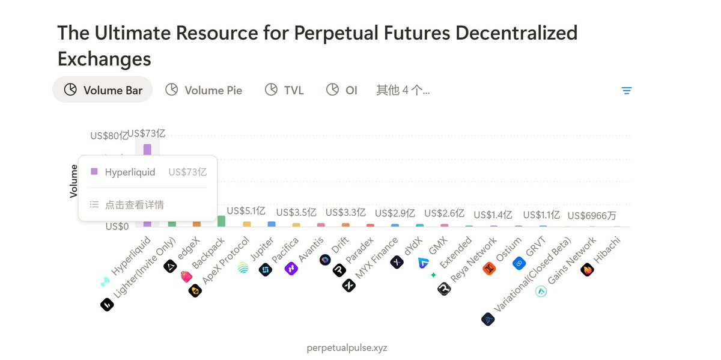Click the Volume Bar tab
point(103,90)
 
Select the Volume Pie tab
point(204,90)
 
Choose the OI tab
point(342,90)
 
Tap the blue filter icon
point(627,91)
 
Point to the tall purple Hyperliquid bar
point(147,150)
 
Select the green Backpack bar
point(221,221)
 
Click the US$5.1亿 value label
point(246,211)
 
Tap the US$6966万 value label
point(592,216)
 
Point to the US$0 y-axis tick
point(117,227)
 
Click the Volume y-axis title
point(74,181)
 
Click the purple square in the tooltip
point(94,172)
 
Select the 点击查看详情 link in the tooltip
point(133,204)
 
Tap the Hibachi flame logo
point(587,270)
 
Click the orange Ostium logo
point(489,269)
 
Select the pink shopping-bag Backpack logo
point(186,277)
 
